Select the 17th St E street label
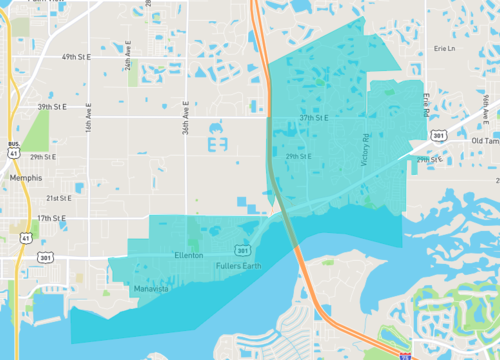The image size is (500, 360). (x=51, y=217)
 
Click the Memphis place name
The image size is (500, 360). (x=23, y=177)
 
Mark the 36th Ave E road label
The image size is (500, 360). (x=187, y=117)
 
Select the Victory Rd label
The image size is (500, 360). (x=366, y=149)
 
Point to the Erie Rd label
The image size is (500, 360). (x=426, y=105)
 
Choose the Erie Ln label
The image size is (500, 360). (x=444, y=48)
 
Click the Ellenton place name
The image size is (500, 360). (x=189, y=256)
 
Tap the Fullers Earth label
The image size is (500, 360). (x=240, y=264)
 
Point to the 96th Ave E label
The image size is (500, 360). (x=485, y=106)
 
